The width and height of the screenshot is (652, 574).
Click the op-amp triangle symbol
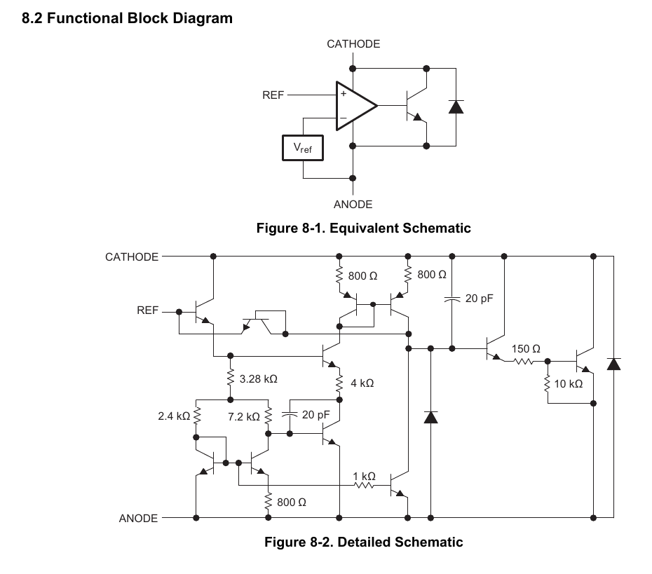click(x=355, y=107)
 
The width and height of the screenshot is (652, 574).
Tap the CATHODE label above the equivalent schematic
click(x=353, y=44)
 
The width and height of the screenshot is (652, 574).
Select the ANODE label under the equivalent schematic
click(x=353, y=205)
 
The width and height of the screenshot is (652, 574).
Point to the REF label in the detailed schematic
click(x=148, y=310)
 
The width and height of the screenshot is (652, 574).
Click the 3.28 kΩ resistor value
click(x=258, y=378)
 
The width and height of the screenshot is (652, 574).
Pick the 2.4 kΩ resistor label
click(x=174, y=416)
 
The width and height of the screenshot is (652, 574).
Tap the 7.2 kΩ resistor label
click(x=244, y=416)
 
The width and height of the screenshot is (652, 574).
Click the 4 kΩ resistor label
click(x=362, y=383)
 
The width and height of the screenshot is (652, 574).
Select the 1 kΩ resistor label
click(x=364, y=476)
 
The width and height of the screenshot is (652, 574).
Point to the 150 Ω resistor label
click(x=526, y=348)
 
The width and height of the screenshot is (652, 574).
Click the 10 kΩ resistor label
click(x=568, y=384)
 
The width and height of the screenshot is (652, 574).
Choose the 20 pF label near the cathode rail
click(x=480, y=299)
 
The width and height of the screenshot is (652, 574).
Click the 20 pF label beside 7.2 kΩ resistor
click(x=315, y=415)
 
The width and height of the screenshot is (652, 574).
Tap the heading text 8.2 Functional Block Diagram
click(x=127, y=19)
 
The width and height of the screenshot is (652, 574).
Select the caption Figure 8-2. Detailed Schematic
click(x=363, y=542)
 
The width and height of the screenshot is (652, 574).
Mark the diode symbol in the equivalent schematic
click(x=456, y=107)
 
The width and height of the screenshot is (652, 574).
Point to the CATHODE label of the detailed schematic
click(x=132, y=257)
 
